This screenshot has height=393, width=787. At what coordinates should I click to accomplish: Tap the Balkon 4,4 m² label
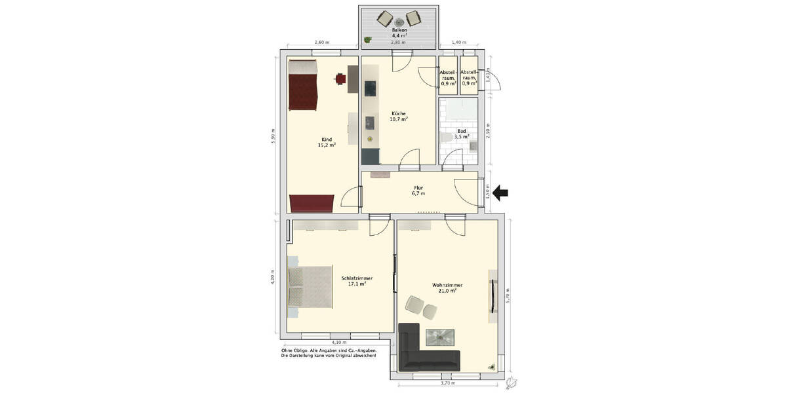point(399,33)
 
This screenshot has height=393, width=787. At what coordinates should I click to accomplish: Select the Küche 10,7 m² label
point(398,116)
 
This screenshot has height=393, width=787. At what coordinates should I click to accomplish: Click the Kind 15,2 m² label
point(326,141)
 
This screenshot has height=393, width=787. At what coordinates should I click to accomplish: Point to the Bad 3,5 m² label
point(462,134)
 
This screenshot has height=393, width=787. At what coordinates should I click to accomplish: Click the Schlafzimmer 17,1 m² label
point(357,281)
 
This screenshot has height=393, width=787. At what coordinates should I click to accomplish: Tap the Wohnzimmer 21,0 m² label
point(447,288)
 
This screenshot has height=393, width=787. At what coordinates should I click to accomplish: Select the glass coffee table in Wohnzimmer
point(439,337)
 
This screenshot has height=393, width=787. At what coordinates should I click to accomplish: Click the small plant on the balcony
point(367,40)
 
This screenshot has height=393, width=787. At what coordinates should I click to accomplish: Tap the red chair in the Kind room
point(340,78)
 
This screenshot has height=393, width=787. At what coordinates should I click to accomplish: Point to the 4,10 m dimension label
point(338,342)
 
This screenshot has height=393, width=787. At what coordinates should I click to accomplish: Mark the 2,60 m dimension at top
point(321,43)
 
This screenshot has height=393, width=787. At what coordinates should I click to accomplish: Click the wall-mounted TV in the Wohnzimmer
point(492,297)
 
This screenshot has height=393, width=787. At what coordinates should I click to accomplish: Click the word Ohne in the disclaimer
point(287,350)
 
